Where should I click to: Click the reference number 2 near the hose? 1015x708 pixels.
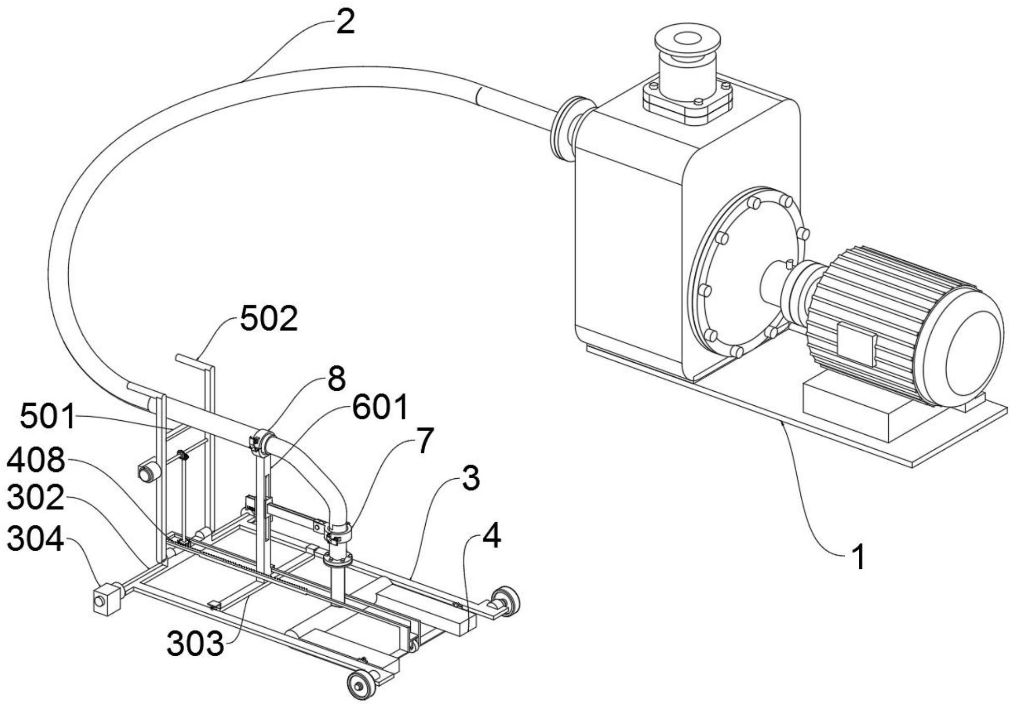click(x=345, y=23)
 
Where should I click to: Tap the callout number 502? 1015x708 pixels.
click(x=269, y=319)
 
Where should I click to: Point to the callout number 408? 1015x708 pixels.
click(x=36, y=460)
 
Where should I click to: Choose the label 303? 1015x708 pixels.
click(x=196, y=644)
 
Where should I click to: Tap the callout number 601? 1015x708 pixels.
click(x=380, y=407)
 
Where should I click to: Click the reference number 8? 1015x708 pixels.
click(x=336, y=379)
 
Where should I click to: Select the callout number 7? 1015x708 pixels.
click(x=425, y=441)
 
